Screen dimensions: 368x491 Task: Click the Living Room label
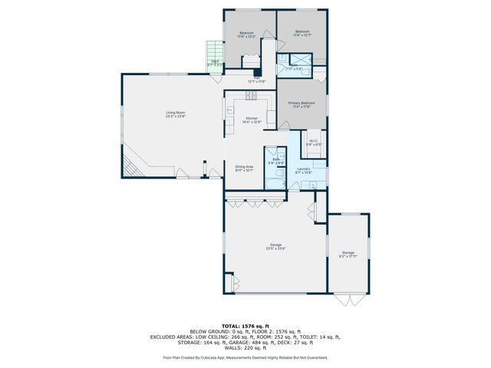[x=176, y=113]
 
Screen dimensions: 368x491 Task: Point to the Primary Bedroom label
[x=302, y=103]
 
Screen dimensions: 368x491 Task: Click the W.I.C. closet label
[x=314, y=141]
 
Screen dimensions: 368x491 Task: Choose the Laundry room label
[x=302, y=169]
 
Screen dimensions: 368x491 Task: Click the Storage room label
[x=348, y=253]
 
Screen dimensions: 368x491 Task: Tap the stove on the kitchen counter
[x=251, y=96]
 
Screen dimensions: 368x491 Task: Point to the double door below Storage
[x=348, y=298]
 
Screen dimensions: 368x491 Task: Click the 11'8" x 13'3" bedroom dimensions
[x=246, y=36]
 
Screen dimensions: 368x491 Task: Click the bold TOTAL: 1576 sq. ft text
[x=245, y=326]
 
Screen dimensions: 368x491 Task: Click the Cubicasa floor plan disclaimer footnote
[x=245, y=357]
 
